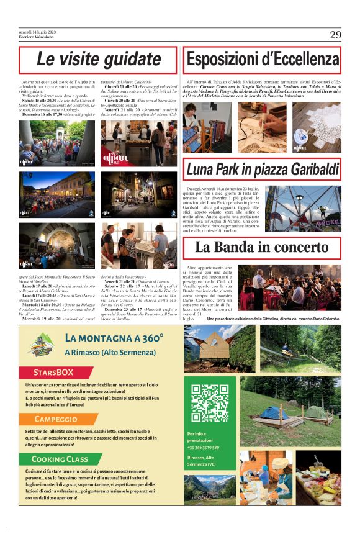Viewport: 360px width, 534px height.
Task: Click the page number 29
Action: pos(335,35)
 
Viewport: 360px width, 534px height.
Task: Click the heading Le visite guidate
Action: pos(98,60)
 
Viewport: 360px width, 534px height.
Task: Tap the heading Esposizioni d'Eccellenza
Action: pos(263,60)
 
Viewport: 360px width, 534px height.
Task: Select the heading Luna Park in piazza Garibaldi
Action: pos(263,169)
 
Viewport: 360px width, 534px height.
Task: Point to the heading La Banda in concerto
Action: pos(271,247)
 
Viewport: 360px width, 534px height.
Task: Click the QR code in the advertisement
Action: pos(210,403)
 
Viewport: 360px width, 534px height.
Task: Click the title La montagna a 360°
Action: pos(114,338)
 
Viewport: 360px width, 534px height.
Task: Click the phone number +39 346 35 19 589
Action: pos(203,446)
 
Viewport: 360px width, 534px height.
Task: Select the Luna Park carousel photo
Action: pos(303,208)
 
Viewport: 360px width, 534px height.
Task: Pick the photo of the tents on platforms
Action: pos(290,408)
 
